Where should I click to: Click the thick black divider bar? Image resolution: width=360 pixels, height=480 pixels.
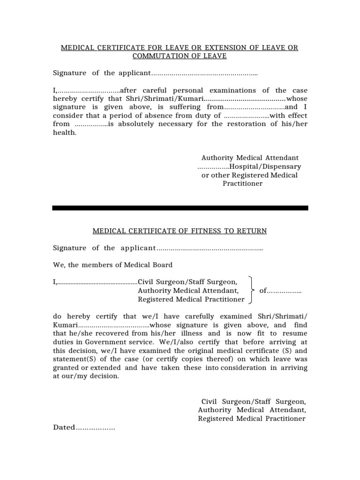point(180,208)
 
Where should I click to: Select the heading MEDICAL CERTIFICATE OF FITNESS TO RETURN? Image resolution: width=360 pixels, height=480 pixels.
point(180,231)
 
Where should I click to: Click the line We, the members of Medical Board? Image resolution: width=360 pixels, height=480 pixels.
point(112,265)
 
